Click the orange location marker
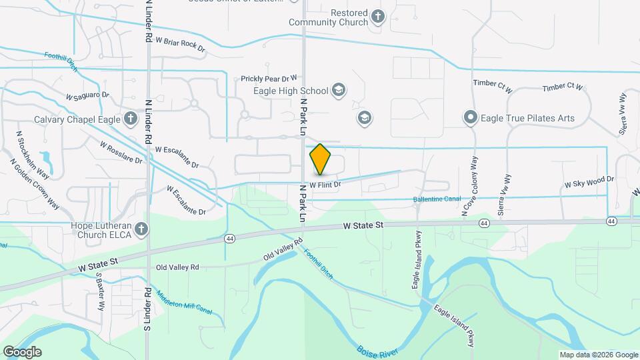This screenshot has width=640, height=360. click(x=320, y=159)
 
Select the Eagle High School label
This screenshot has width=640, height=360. click(x=291, y=91)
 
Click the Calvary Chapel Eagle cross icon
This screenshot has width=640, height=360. click(x=131, y=119)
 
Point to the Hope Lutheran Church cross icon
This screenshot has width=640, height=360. click(x=141, y=230)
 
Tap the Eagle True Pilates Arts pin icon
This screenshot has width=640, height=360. click(x=470, y=119)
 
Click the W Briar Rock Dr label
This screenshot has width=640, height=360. click(x=181, y=44)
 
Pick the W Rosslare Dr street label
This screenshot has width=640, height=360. click(x=121, y=152)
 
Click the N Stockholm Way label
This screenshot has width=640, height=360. click(x=33, y=154)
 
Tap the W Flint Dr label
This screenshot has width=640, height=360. click(x=325, y=184)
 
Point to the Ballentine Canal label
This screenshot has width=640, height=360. click(x=437, y=199)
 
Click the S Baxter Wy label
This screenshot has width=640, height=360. click(x=101, y=291)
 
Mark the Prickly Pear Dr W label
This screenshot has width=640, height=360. click(x=270, y=79)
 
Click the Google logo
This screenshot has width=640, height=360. click(x=23, y=351)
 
